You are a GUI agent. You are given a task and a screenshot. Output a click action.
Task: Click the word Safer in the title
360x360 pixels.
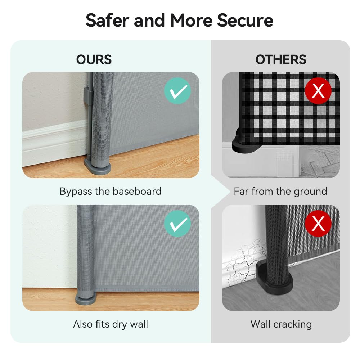107,20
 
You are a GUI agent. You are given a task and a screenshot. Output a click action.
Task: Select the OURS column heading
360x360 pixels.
94,59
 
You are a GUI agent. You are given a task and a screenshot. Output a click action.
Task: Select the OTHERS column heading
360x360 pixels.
281,59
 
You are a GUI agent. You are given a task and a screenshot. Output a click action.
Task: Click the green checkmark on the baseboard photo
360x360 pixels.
177,91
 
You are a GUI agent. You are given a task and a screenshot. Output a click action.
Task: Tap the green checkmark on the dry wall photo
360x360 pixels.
177,224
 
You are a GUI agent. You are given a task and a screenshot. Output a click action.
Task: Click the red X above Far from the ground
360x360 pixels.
318,91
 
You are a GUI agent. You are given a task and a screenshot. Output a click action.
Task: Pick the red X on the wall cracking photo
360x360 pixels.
318,224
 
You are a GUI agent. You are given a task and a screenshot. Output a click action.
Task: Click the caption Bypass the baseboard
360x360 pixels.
111,191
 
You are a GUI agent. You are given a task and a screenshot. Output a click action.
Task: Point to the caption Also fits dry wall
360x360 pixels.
111,324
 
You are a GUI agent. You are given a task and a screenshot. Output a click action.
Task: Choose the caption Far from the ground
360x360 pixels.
280,191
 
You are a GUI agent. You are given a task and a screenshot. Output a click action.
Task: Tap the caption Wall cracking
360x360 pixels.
281,324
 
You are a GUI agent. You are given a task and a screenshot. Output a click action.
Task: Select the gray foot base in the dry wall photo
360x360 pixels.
86,300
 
